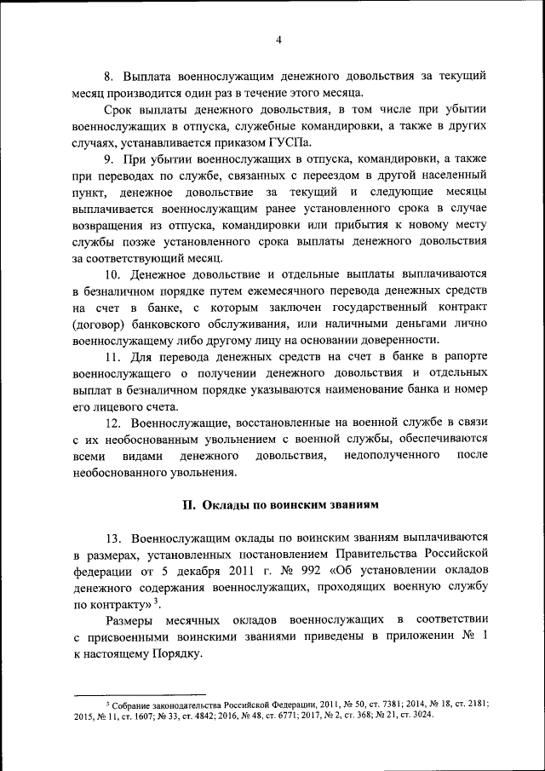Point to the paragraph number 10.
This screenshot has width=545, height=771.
tap(113, 273)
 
